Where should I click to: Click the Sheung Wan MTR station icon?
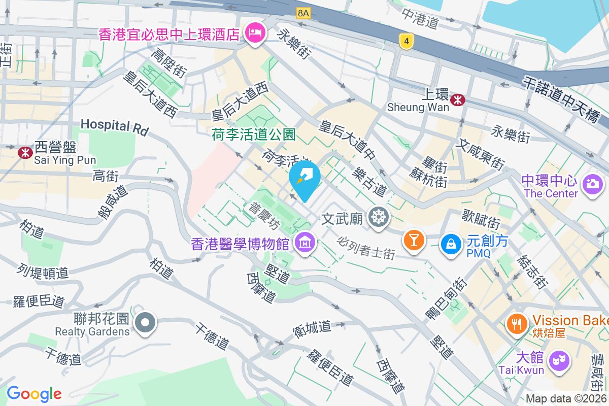(x=458, y=99)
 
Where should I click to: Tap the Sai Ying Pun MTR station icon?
(x=24, y=152)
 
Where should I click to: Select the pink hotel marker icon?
(x=254, y=33)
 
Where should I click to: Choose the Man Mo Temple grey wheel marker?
(x=378, y=217)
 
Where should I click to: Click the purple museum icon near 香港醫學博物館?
(x=304, y=243)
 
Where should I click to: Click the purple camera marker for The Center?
(x=592, y=183)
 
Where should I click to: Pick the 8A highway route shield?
(x=303, y=13)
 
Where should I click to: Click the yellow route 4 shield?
(x=404, y=42)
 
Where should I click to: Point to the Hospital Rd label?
(x=114, y=126)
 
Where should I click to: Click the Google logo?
(x=34, y=393)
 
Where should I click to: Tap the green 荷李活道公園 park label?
(x=254, y=134)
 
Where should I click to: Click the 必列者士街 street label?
(x=365, y=248)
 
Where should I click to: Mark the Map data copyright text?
(x=566, y=398)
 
